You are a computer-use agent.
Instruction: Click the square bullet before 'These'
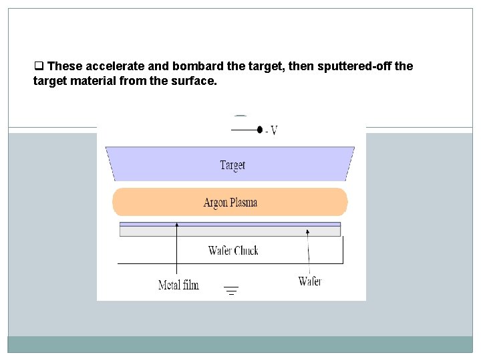[39, 67]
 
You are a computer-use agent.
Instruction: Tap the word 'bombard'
[190, 67]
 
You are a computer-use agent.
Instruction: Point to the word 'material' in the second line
[100, 82]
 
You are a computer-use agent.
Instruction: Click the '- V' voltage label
[271, 130]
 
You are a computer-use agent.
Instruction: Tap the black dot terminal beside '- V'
[259, 130]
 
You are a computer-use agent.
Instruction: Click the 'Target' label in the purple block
[232, 165]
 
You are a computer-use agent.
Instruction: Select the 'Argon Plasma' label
[230, 203]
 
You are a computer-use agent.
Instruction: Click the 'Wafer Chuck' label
[233, 251]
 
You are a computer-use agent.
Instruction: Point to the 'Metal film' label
[178, 285]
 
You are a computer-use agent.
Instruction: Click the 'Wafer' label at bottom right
[310, 281]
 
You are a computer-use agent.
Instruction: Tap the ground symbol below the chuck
[231, 290]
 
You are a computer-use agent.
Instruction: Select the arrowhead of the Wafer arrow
[307, 231]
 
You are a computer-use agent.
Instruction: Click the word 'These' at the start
[65, 67]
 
